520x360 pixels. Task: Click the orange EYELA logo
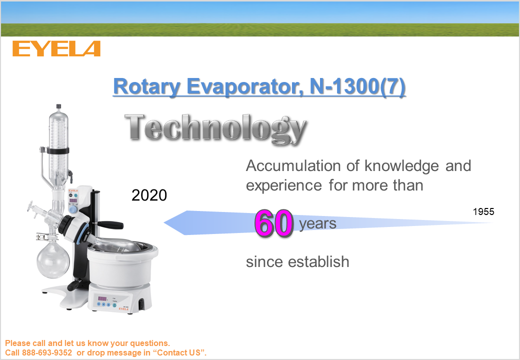pos(56,48)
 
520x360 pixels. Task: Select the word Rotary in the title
pos(147,87)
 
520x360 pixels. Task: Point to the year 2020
pos(149,195)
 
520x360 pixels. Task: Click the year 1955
pos(483,212)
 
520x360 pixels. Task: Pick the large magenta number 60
pos(274,224)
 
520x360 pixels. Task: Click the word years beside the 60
pos(317,224)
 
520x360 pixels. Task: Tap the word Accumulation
pos(293,165)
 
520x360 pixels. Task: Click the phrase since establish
pos(297,262)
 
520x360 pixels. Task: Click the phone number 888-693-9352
pos(47,352)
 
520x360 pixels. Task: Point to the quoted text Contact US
pos(179,352)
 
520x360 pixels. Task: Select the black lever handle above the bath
pos(109,225)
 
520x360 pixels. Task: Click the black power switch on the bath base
pos(141,304)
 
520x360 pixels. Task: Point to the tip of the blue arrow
pos(164,223)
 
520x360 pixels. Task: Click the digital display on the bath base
pos(102,298)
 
